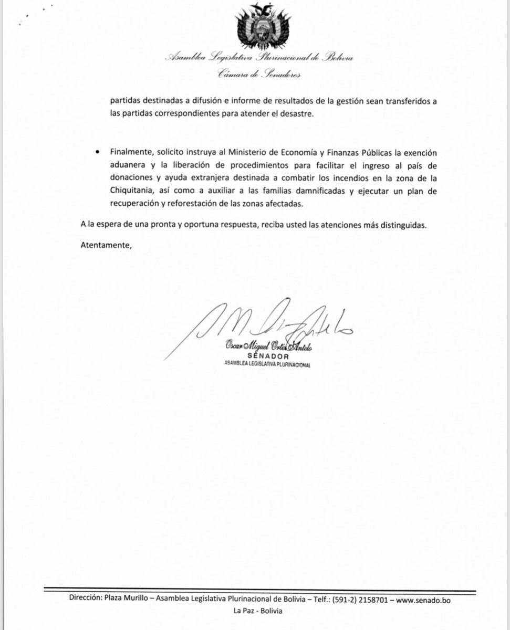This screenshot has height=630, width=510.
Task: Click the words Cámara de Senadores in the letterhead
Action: [x=259, y=75]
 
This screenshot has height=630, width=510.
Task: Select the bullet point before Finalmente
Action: [x=97, y=153]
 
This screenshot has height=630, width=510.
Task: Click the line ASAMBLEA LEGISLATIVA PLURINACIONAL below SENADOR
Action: [x=268, y=365]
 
